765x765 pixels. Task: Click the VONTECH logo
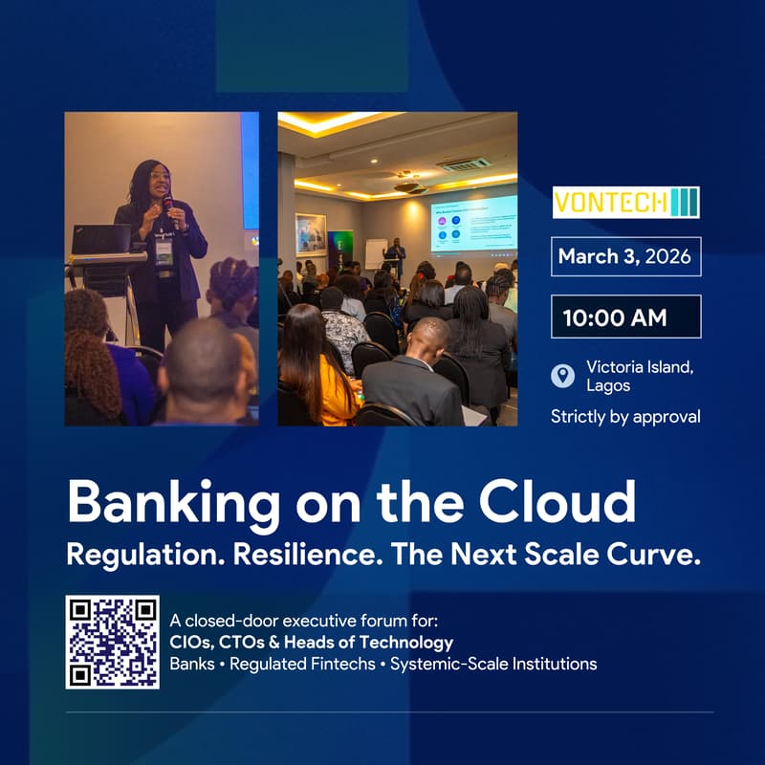pyautogui.click(x=626, y=203)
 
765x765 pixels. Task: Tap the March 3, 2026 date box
pyautogui.click(x=626, y=256)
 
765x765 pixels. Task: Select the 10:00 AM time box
pyautogui.click(x=626, y=317)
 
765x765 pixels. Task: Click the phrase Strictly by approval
pyautogui.click(x=625, y=416)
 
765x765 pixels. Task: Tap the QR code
pyautogui.click(x=113, y=642)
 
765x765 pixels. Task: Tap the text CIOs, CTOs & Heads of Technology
pyautogui.click(x=311, y=642)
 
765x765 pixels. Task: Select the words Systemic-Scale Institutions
pyautogui.click(x=493, y=663)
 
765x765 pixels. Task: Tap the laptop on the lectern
pyautogui.click(x=101, y=239)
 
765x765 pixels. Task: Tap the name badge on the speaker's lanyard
pyautogui.click(x=164, y=251)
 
